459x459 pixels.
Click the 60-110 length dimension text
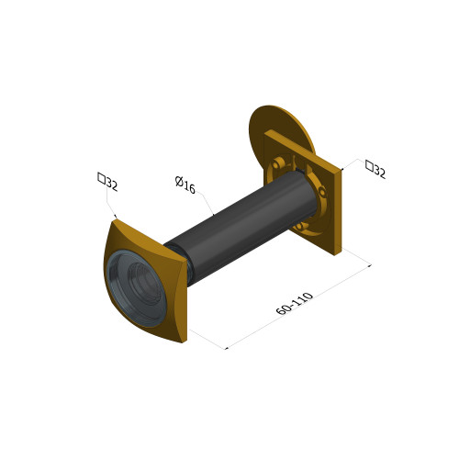295,303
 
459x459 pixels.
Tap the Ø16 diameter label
185,185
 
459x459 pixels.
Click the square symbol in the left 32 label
102,178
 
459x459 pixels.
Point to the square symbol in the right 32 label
370,165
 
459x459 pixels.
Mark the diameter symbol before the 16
180,182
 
